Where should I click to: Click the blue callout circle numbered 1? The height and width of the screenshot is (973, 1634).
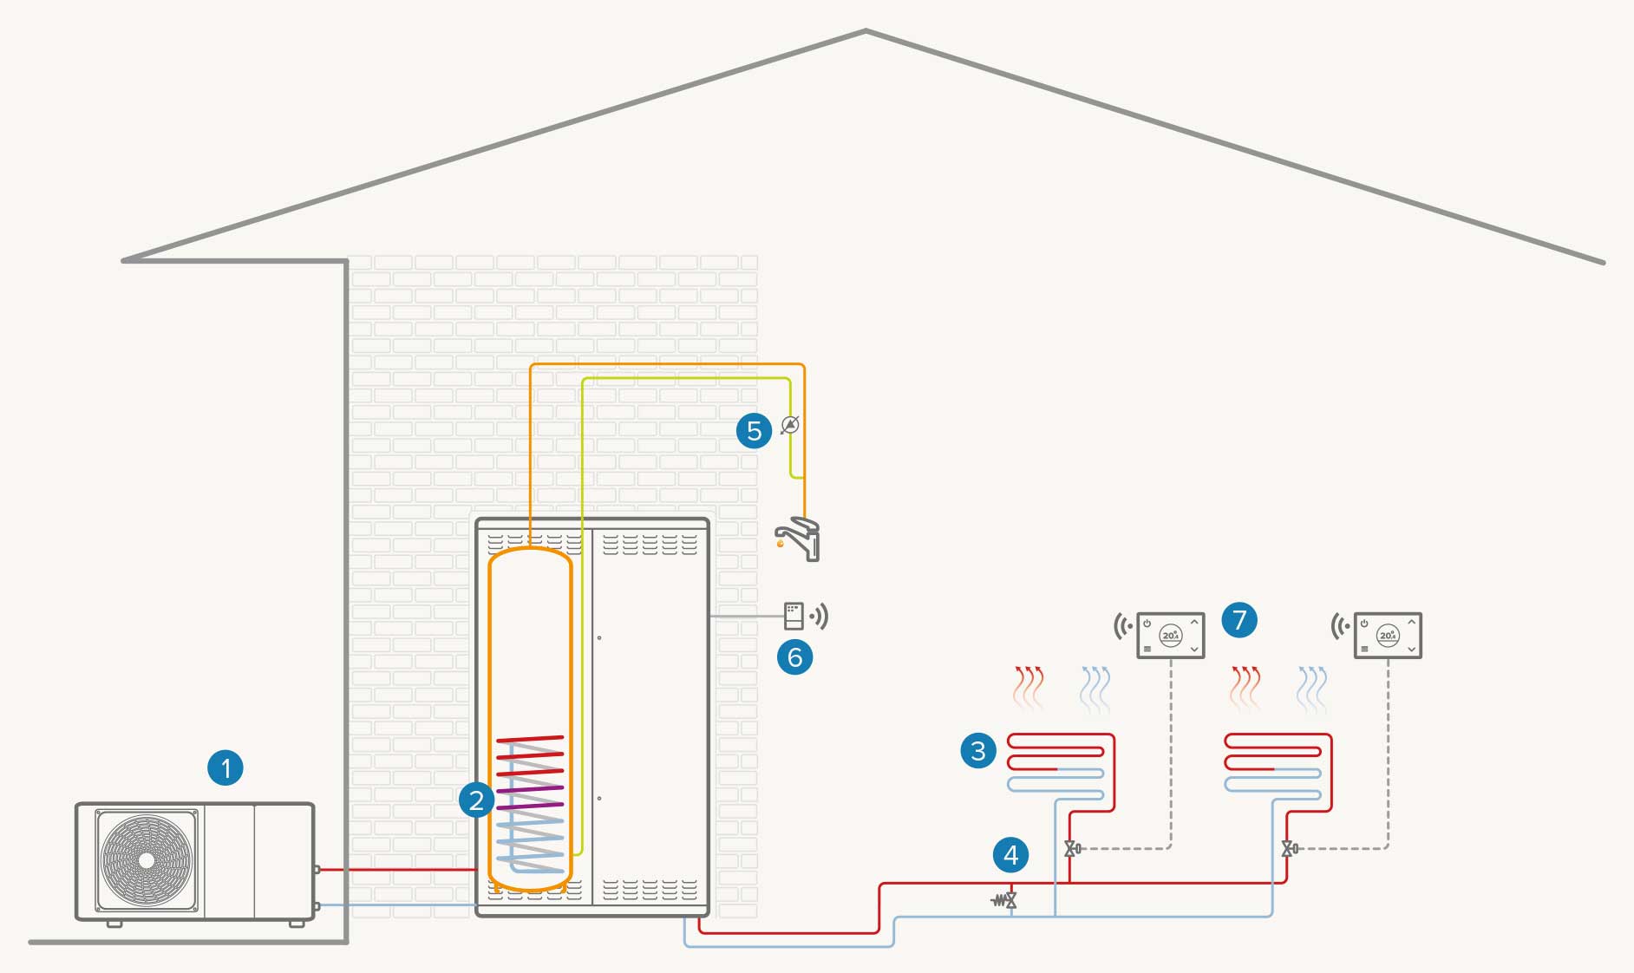(x=225, y=767)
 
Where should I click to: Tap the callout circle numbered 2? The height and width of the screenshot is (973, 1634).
(x=476, y=800)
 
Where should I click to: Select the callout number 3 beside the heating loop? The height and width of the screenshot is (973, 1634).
(x=978, y=750)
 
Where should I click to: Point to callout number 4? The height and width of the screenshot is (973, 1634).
(x=1010, y=855)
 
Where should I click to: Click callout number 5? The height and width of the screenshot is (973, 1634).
(x=754, y=430)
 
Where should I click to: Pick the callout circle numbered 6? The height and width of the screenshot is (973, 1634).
(x=794, y=656)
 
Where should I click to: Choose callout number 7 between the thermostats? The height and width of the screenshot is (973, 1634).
(x=1239, y=620)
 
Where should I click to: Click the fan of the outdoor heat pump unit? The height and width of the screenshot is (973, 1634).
(x=147, y=860)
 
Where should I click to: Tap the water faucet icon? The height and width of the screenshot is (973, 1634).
(x=800, y=539)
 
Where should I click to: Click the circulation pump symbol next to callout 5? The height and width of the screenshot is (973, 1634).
(x=789, y=425)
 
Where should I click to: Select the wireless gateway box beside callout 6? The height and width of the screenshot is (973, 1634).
(x=794, y=616)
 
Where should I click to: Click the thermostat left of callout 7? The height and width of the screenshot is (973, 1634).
(x=1170, y=636)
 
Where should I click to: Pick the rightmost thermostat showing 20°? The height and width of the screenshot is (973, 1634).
(x=1388, y=636)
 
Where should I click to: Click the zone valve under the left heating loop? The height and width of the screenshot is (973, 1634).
(x=1072, y=849)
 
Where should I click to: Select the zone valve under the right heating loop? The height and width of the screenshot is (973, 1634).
(x=1289, y=849)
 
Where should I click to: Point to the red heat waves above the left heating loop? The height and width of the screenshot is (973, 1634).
(x=1029, y=688)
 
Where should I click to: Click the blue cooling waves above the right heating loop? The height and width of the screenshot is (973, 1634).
(x=1312, y=688)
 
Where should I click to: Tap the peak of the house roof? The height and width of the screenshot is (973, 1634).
(x=865, y=32)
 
